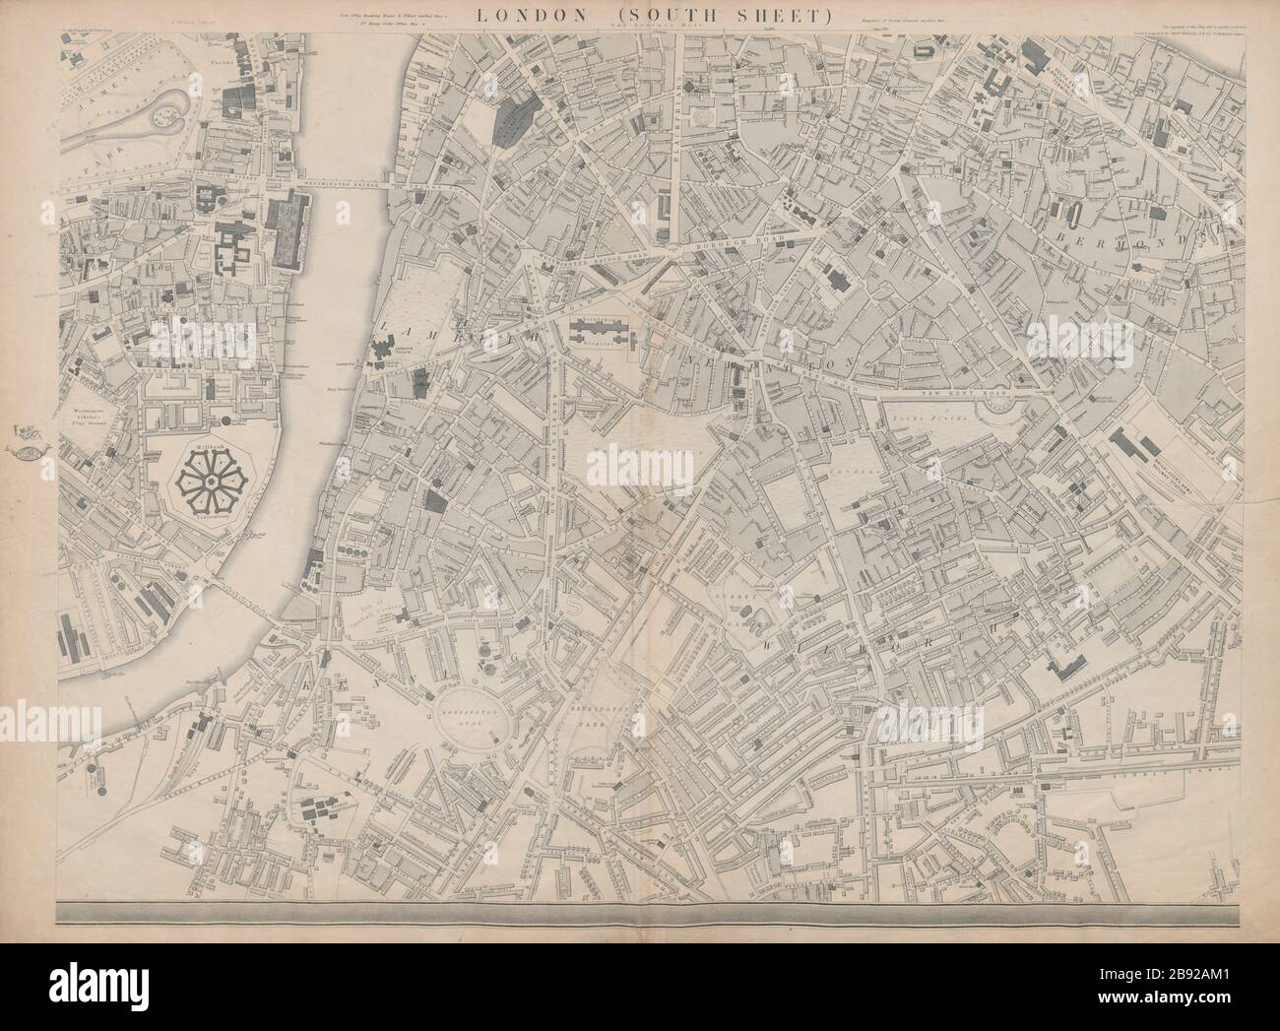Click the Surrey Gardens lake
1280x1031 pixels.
click(x=758, y=620)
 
